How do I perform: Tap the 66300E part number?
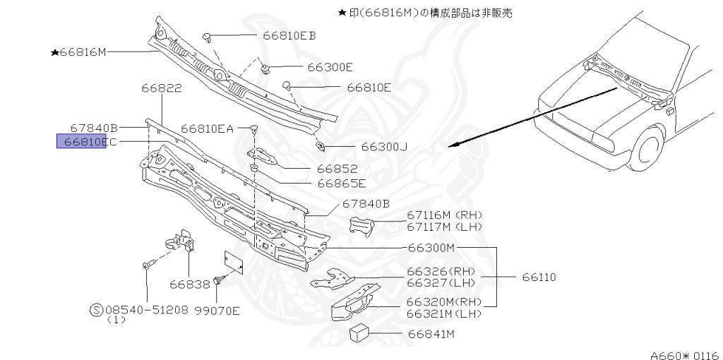click(x=330, y=67)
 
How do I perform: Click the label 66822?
click(x=161, y=89)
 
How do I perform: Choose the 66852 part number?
click(x=337, y=169)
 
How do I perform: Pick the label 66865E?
click(x=341, y=184)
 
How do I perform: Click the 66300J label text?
click(x=385, y=147)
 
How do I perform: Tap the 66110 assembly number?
click(x=539, y=277)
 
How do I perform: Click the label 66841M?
click(x=431, y=333)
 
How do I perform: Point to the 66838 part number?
click(x=189, y=284)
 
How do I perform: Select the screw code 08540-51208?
click(x=148, y=309)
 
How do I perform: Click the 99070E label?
click(x=217, y=309)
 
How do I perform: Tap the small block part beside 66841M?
click(x=361, y=332)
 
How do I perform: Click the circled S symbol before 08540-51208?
click(x=97, y=309)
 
